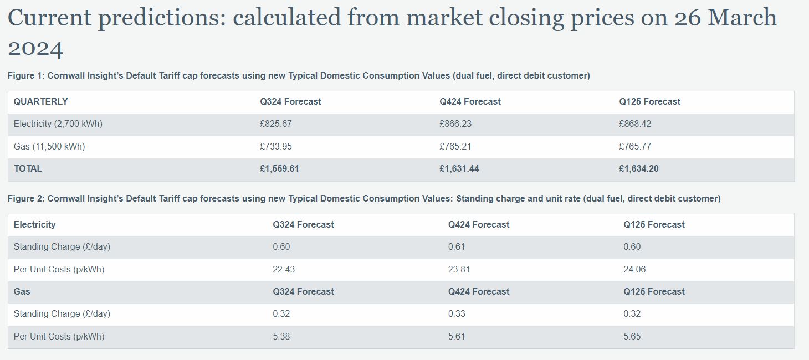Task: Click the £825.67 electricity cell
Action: point(276,124)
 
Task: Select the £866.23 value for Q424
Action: point(455,124)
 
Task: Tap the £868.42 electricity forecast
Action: point(635,124)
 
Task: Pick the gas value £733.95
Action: point(276,147)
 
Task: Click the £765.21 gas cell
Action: point(455,147)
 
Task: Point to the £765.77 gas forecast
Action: point(635,147)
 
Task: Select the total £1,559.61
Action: point(279,169)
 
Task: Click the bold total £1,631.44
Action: point(459,169)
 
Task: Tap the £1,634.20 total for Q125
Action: point(639,169)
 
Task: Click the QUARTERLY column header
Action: point(40,102)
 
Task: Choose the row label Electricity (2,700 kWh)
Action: point(58,124)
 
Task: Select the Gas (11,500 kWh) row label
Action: point(49,147)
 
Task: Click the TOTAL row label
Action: point(28,169)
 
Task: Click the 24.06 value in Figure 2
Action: point(634,270)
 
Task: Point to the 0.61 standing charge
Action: point(457,247)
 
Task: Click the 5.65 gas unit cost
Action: point(632,337)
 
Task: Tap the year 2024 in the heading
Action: point(35,48)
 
